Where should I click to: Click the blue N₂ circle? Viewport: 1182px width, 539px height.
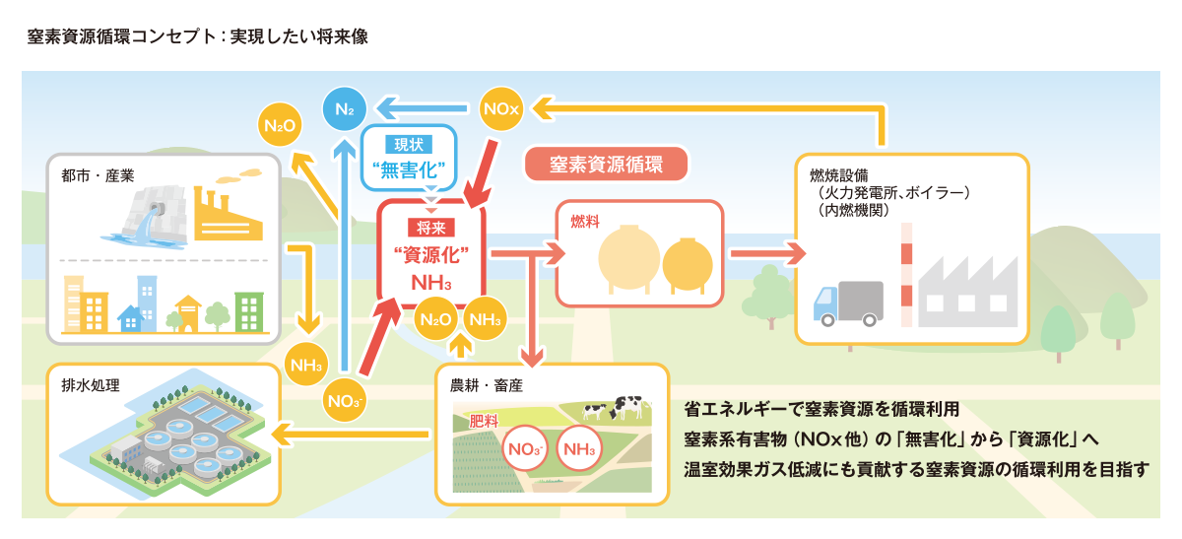[345, 107]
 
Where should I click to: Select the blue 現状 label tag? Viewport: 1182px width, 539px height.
[408, 144]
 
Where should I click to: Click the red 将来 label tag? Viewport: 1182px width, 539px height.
[430, 230]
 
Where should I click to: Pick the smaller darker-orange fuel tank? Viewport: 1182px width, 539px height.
[687, 264]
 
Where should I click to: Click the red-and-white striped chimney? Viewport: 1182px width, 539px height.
[905, 275]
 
